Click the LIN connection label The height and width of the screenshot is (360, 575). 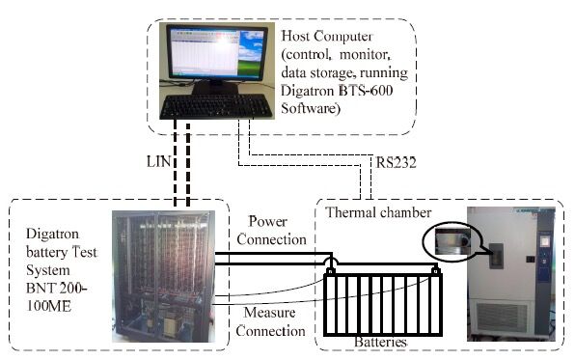click(159, 161)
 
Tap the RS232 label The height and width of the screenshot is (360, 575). click(397, 162)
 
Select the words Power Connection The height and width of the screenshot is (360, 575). click(271, 231)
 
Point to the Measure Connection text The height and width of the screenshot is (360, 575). click(271, 321)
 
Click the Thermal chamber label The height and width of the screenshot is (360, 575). click(378, 212)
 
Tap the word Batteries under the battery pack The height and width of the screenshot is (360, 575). click(381, 342)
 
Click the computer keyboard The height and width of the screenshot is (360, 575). click(216, 106)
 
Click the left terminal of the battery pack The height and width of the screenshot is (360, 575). click(330, 271)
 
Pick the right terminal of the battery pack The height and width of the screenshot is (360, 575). click(436, 271)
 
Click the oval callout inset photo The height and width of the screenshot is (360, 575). click(452, 240)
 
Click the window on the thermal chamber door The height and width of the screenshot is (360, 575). click(497, 256)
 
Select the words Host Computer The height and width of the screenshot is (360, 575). click(327, 36)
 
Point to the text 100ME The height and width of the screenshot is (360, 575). click(48, 306)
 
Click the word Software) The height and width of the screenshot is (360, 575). click(311, 109)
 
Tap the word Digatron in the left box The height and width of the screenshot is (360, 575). click(52, 234)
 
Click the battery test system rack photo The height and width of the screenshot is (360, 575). click(164, 276)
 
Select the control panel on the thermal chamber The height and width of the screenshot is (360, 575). click(544, 253)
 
